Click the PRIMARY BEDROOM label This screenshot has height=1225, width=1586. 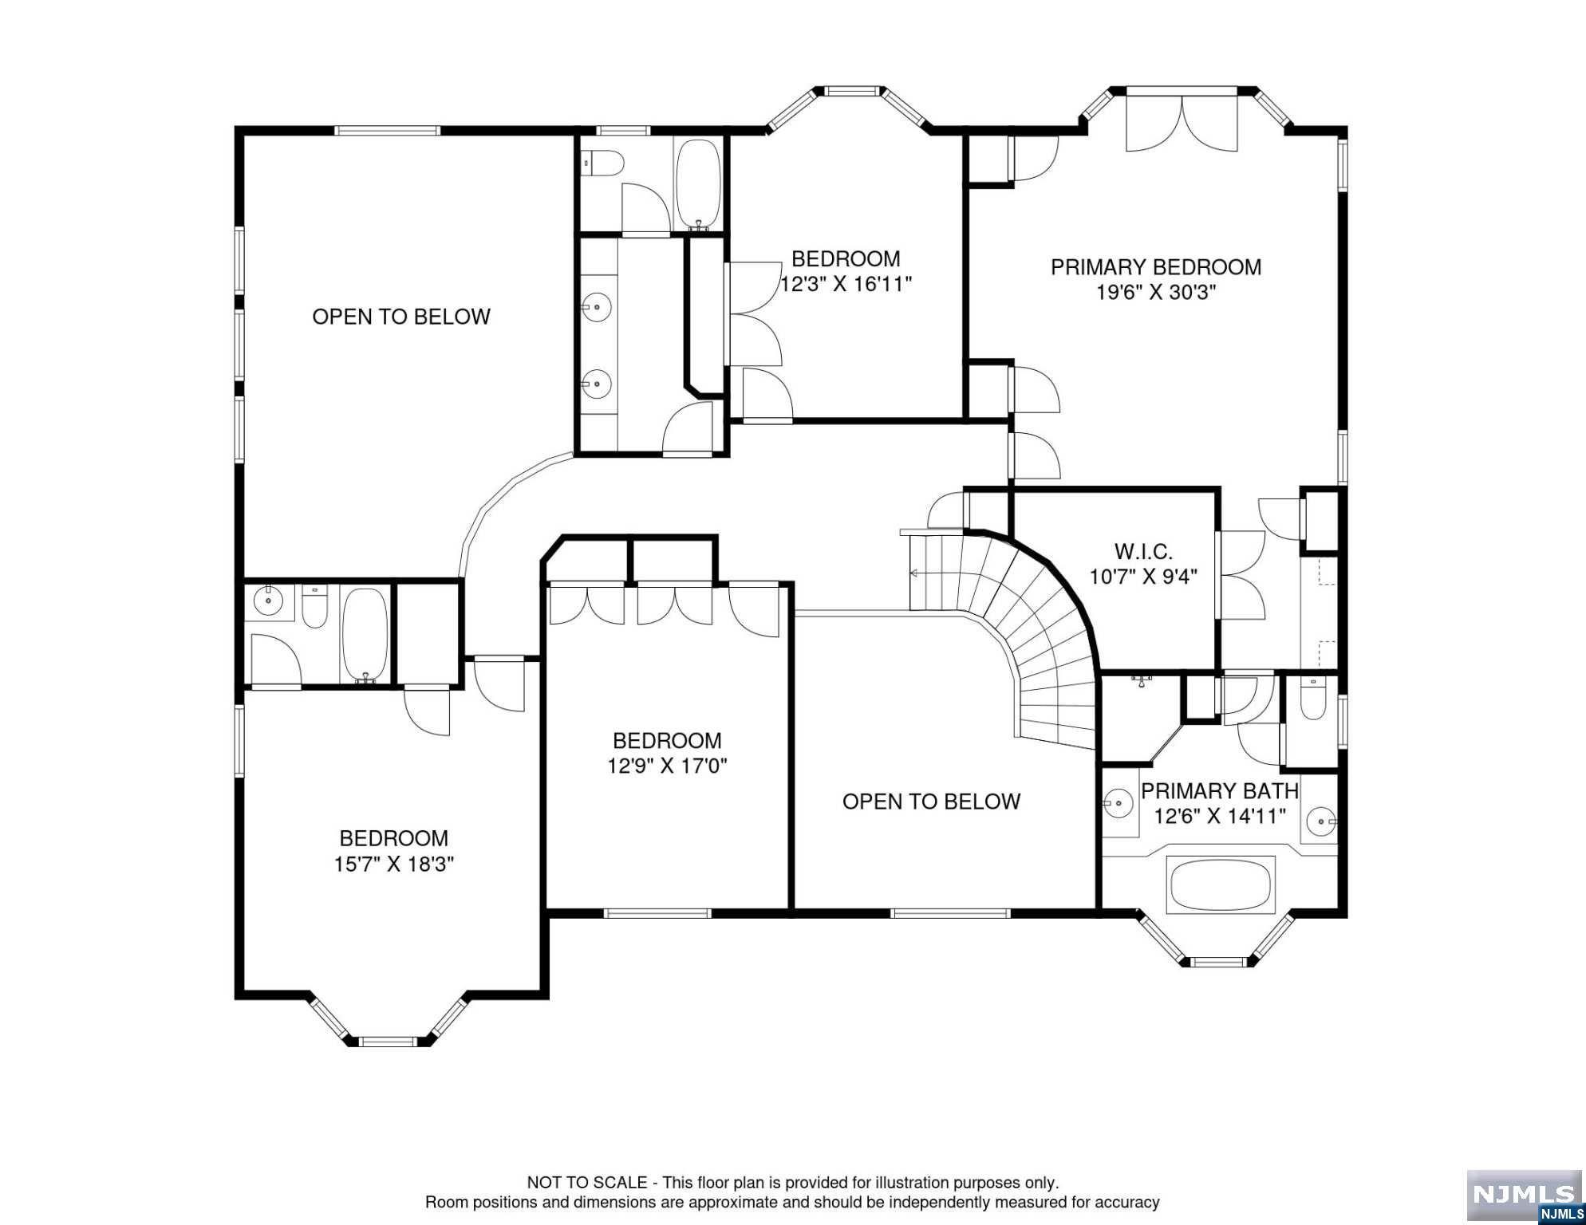(1156, 267)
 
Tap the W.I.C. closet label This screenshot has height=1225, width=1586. (1143, 550)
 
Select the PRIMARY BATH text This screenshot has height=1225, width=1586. (1220, 791)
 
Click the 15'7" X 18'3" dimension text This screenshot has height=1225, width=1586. (394, 864)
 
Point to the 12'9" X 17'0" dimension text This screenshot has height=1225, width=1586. (667, 766)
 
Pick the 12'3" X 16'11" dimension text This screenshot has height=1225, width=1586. (846, 284)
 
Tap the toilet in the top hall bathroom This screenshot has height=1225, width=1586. (603, 164)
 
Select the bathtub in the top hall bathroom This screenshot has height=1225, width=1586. (698, 185)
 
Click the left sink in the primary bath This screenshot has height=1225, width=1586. (1120, 802)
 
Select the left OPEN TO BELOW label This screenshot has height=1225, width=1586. (400, 317)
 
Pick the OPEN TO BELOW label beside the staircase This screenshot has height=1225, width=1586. (931, 802)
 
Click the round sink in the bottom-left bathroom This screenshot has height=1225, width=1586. (269, 601)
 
